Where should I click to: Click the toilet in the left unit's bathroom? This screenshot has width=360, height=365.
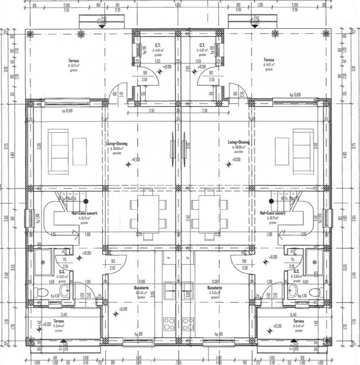41,293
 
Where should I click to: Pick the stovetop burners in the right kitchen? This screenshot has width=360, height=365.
188,322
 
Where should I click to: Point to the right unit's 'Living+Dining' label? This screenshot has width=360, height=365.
238,143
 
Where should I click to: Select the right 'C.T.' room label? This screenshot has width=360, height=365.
202,45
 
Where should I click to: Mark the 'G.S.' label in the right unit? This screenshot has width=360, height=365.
297,271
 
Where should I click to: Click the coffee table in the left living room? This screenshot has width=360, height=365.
78,151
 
